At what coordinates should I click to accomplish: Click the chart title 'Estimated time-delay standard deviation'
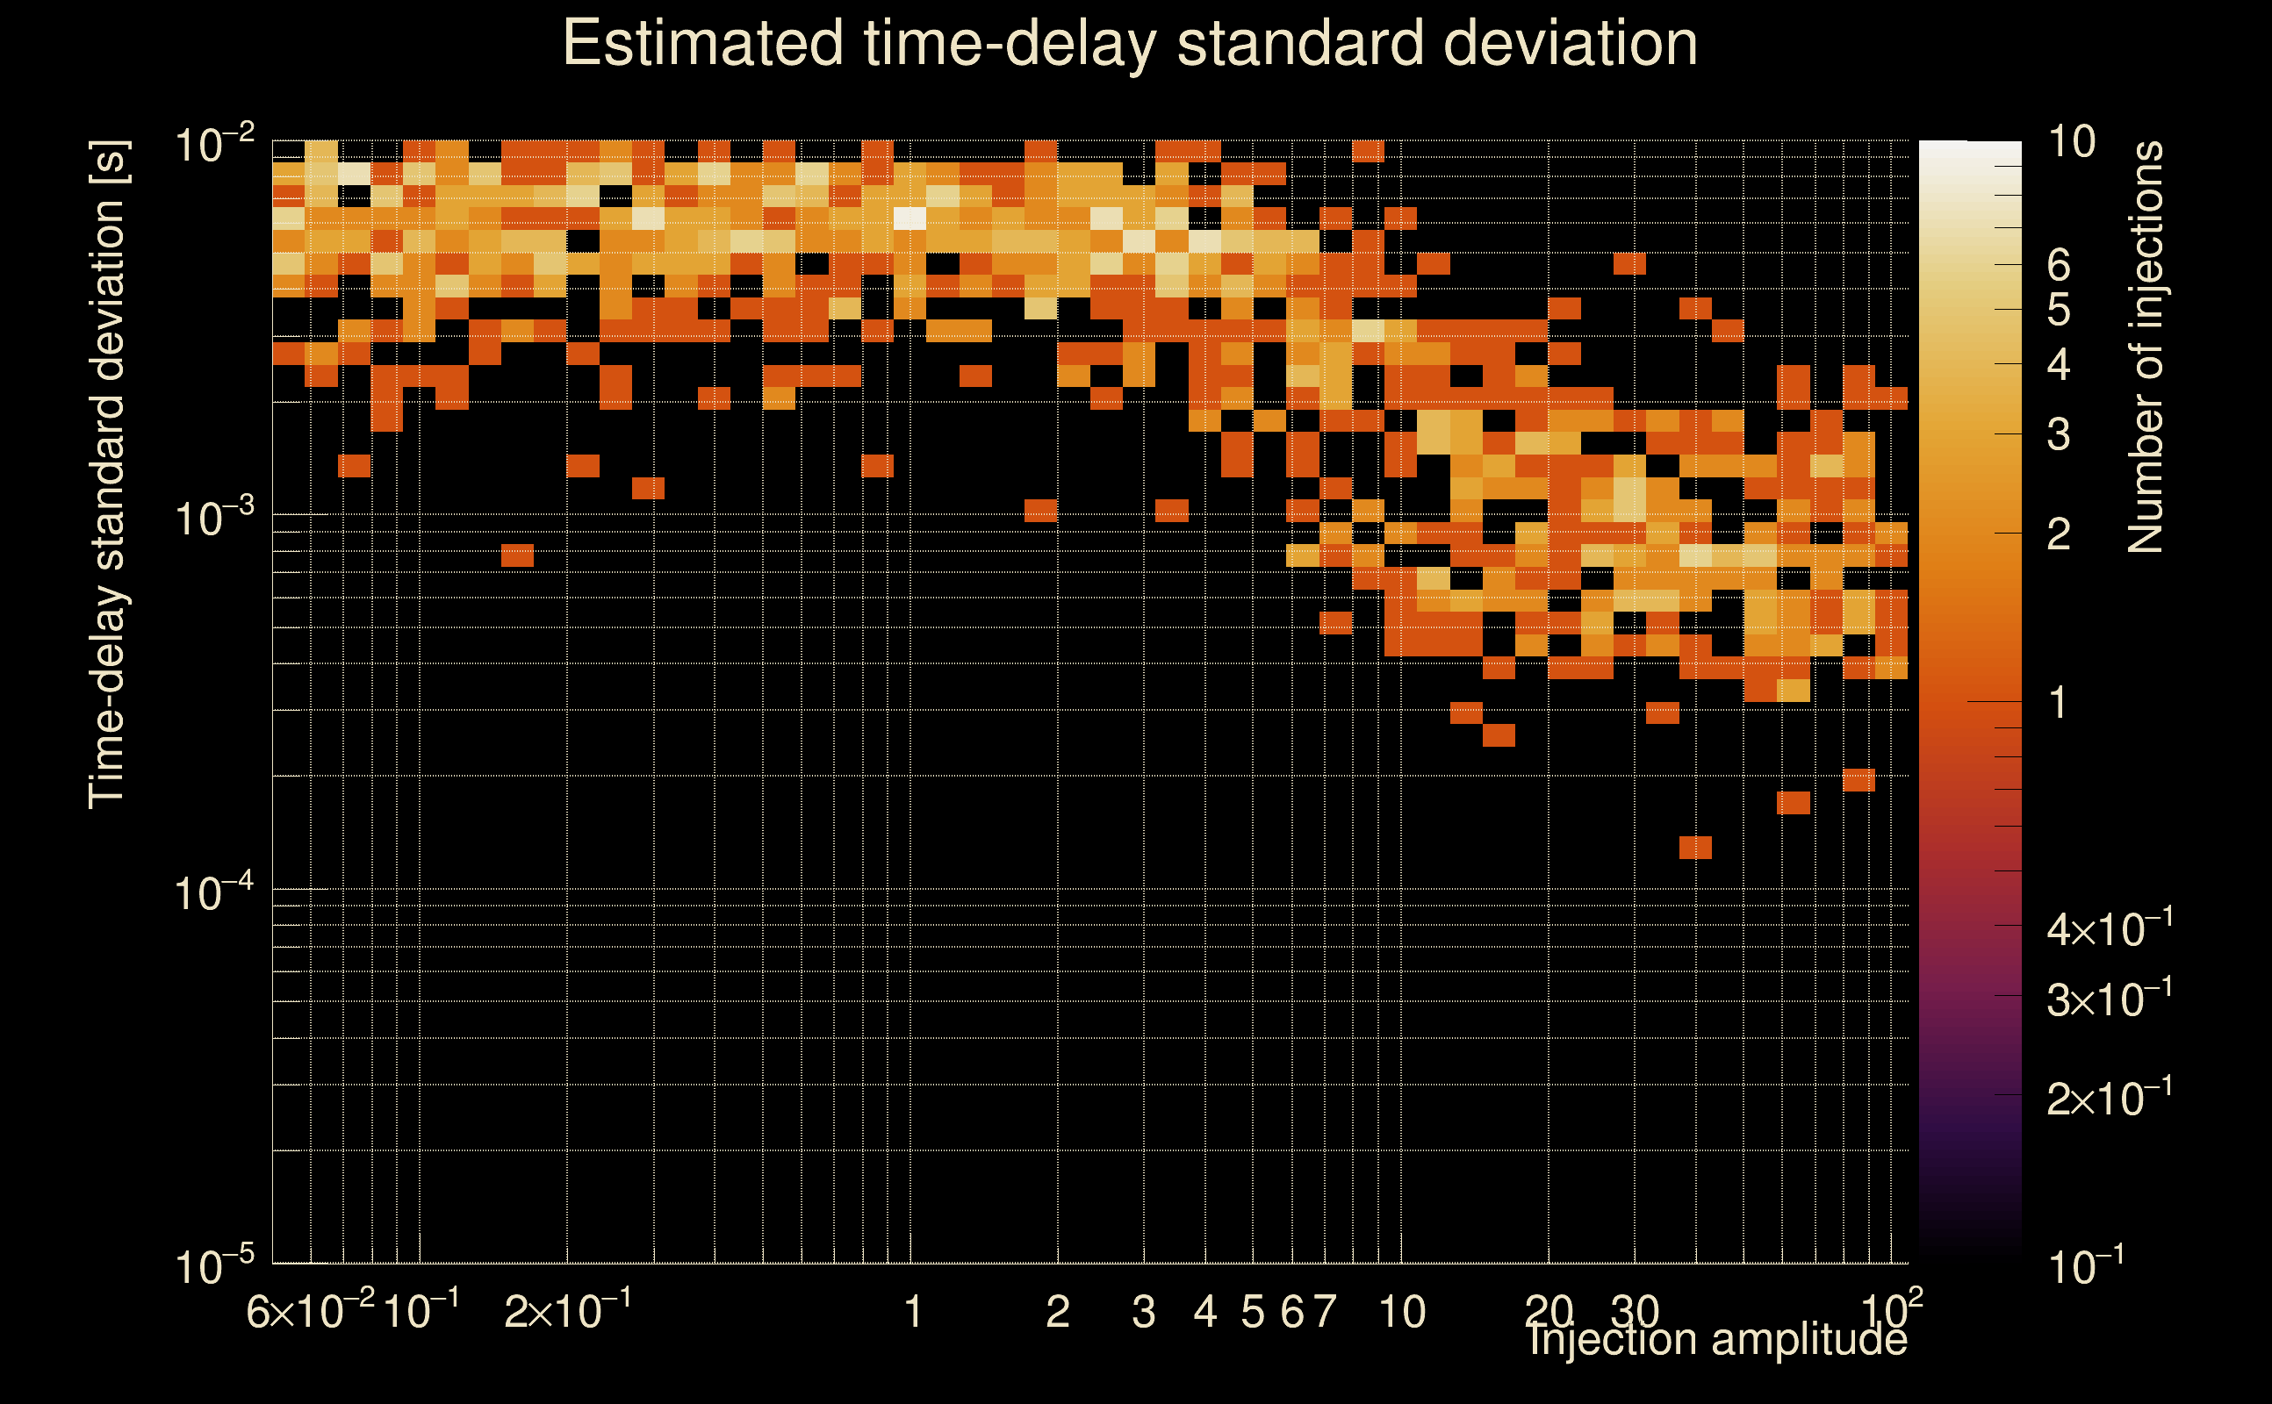1130,44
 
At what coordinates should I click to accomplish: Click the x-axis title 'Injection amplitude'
1717,1340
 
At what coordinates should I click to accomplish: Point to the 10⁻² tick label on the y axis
213,146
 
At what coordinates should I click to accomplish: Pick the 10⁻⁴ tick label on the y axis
213,893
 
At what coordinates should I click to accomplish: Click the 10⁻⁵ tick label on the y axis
213,1265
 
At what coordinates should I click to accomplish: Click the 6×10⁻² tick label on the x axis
310,1312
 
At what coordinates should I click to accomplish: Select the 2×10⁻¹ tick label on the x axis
567,1312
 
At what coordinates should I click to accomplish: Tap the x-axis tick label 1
912,1312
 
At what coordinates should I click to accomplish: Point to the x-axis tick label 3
1143,1312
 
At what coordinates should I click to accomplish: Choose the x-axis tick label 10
1402,1312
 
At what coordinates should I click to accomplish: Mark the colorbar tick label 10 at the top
2071,142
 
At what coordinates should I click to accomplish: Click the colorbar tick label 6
2059,266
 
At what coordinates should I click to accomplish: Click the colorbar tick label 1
2059,703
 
